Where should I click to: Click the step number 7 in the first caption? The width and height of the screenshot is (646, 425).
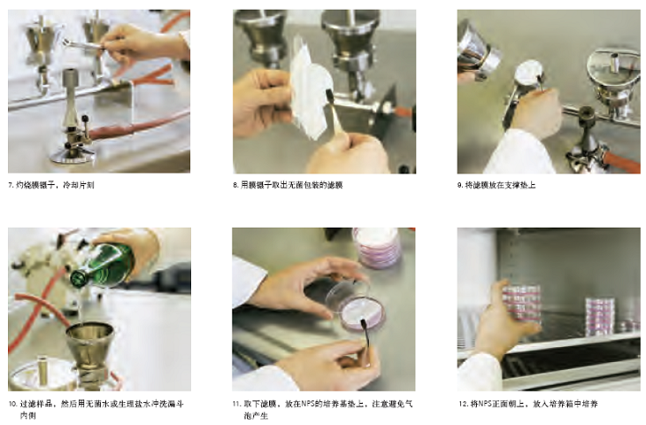coord(11,186)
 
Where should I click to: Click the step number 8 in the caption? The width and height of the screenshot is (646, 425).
coord(235,186)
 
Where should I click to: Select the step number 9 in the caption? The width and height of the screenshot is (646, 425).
coord(460,186)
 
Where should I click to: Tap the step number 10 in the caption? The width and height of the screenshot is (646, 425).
coord(12,404)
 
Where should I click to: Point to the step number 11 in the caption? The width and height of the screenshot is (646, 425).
coord(236,404)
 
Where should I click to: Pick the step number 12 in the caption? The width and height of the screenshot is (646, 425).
coord(463,404)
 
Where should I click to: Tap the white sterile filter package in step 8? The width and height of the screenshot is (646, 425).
coord(310,91)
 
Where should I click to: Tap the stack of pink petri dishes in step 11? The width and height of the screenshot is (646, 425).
coord(377,248)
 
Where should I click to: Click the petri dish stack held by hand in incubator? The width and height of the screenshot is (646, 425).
coord(521,303)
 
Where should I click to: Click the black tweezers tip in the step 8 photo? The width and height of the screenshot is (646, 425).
coord(329,96)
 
